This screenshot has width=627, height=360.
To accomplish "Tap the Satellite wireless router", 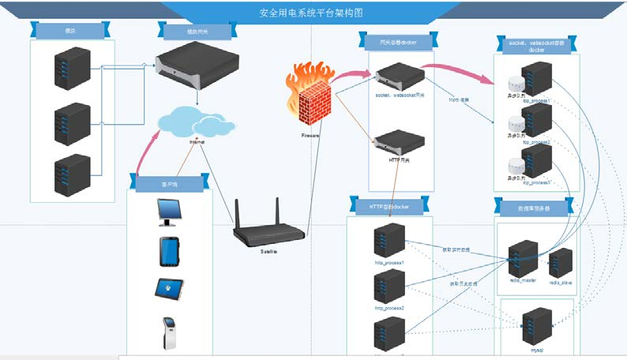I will pyautogui.click(x=269, y=228).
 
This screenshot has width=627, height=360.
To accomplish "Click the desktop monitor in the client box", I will pyautogui.click(x=171, y=212).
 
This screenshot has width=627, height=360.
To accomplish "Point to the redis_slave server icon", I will pyautogui.click(x=561, y=261).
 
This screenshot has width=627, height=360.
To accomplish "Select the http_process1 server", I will pyautogui.click(x=389, y=240).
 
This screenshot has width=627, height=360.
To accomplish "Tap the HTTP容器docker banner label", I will pyautogui.click(x=388, y=207).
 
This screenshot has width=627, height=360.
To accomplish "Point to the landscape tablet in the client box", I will pyautogui.click(x=170, y=289).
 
